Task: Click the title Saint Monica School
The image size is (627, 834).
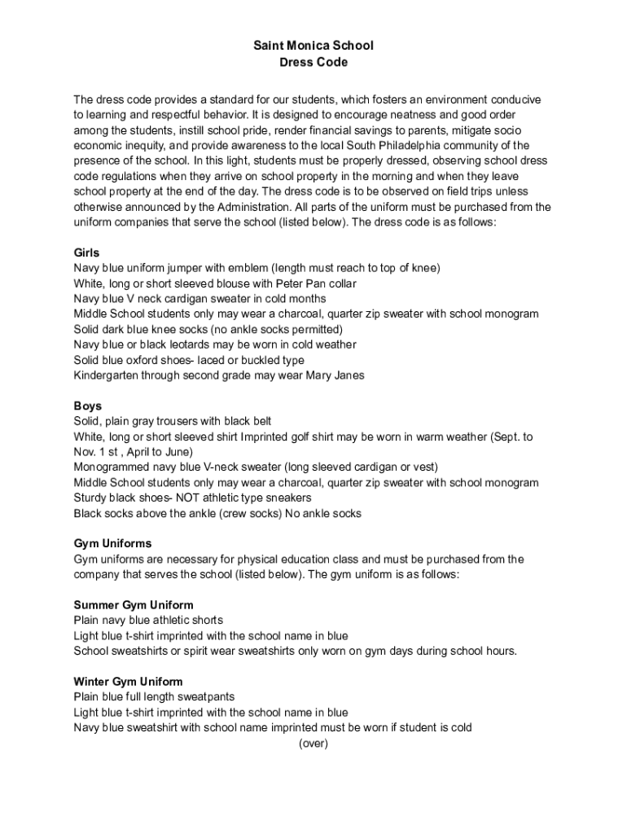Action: (x=313, y=46)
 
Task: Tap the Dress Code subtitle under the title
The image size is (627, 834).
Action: (x=313, y=62)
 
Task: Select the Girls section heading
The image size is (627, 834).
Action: (x=86, y=252)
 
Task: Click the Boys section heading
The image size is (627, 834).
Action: (x=87, y=406)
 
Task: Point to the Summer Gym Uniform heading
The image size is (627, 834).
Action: (x=134, y=605)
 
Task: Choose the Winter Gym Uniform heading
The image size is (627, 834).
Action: (x=128, y=682)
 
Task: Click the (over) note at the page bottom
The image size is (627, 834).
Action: (x=313, y=744)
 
